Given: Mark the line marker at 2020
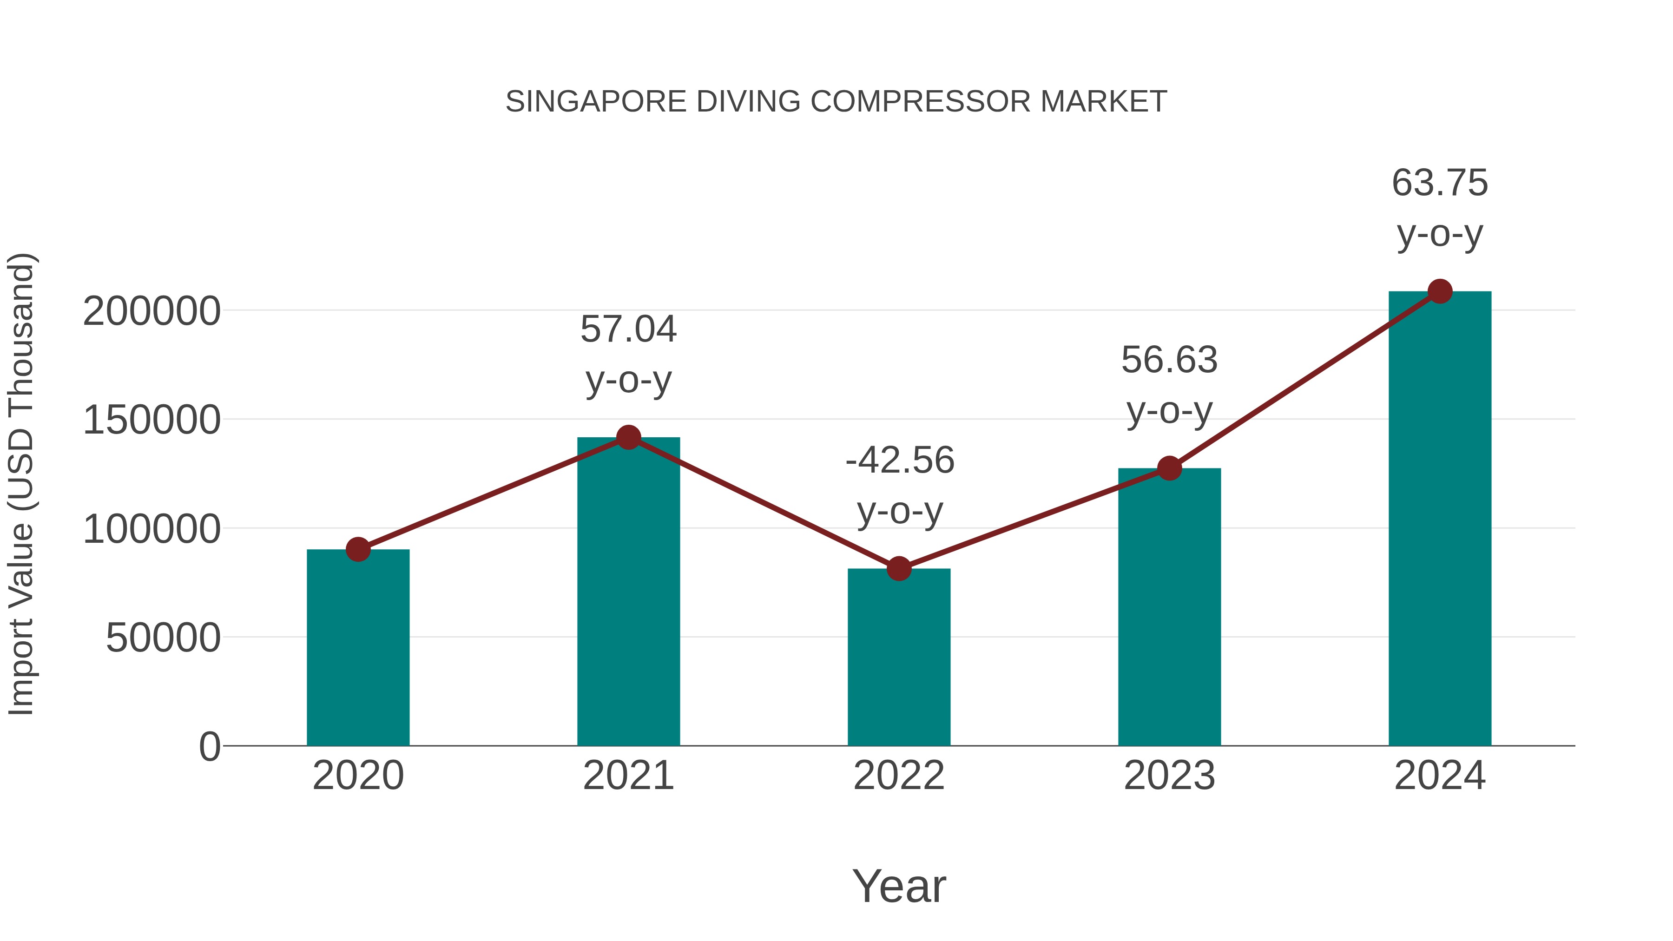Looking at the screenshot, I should [358, 549].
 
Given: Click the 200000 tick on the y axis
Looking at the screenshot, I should [152, 311].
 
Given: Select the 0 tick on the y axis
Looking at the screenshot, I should [210, 746].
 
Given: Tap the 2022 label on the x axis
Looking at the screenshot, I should [899, 776].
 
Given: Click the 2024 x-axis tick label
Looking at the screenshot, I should [1440, 776].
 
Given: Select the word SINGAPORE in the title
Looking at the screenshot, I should [596, 102].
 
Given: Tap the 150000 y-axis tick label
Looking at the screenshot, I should [152, 420].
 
